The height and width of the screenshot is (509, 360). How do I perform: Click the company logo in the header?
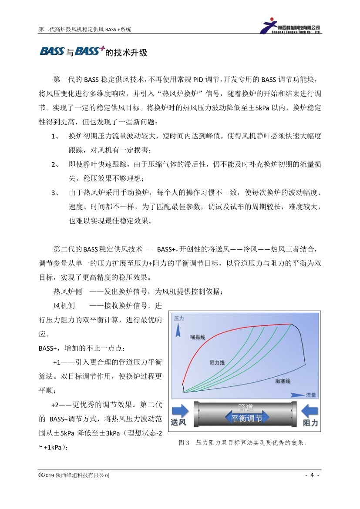coord(291,26)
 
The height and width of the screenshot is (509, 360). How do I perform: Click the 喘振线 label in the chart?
coord(198,337)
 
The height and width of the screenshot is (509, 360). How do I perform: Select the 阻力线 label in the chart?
coord(217,362)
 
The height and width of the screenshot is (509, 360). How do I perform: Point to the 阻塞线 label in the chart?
coord(283,381)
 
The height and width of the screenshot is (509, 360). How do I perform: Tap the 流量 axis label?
coord(311,395)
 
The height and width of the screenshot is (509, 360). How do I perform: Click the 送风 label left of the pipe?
coord(179,423)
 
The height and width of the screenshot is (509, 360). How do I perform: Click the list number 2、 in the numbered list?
coord(55,164)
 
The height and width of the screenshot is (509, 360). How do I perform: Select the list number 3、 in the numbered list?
coord(55,192)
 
